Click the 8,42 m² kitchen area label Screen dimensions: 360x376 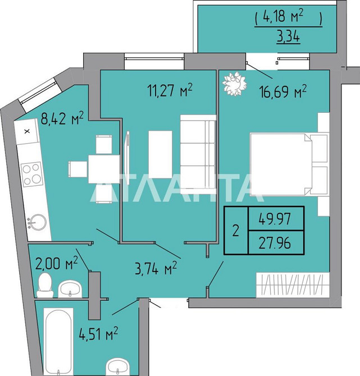pyautogui.click(x=62, y=118)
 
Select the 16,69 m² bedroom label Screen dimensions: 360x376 pyautogui.click(x=283, y=91)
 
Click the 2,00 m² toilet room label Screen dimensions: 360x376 pyautogui.click(x=56, y=263)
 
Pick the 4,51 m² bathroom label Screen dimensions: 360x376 pyautogui.click(x=98, y=333)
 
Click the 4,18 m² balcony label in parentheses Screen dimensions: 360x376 pyautogui.click(x=289, y=17)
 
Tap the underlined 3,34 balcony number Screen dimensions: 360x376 pyautogui.click(x=288, y=37)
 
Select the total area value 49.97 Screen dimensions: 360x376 pyautogui.click(x=275, y=219)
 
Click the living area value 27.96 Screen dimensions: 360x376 pyautogui.click(x=275, y=242)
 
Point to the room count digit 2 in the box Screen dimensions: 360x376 pyautogui.click(x=236, y=231)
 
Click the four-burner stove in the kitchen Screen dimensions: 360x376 pyautogui.click(x=31, y=174)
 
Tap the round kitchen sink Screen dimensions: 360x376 pyautogui.click(x=37, y=222)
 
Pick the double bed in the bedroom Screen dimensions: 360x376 pyautogui.click(x=289, y=164)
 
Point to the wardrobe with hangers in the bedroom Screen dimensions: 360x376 pyautogui.click(x=293, y=285)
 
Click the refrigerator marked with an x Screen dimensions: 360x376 pyautogui.click(x=27, y=132)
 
